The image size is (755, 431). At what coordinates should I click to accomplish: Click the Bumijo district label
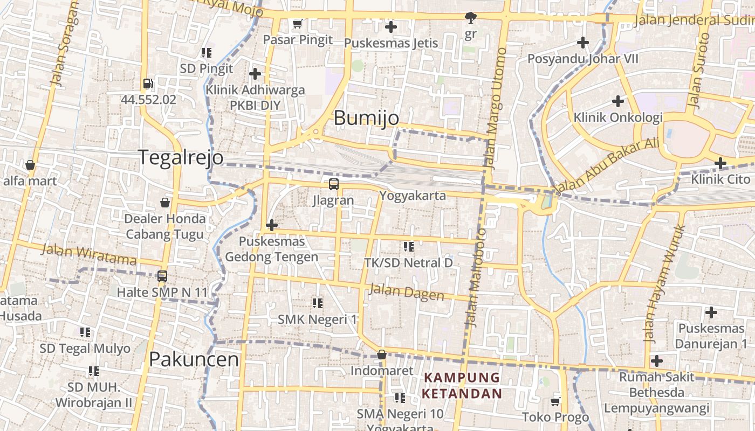point(366,118)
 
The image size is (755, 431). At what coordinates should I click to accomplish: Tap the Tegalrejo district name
point(181,157)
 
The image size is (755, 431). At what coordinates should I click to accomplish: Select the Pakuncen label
point(194,359)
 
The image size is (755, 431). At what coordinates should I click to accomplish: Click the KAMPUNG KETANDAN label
point(461,385)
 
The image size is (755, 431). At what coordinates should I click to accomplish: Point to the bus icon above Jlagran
point(334,184)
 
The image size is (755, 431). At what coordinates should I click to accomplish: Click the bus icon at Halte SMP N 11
point(162,276)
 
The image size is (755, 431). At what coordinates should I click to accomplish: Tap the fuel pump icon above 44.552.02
point(148,84)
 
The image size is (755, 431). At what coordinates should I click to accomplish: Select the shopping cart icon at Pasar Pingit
point(297,24)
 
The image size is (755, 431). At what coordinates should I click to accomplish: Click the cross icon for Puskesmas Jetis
point(391,26)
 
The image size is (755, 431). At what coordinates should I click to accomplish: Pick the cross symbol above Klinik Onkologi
point(618,101)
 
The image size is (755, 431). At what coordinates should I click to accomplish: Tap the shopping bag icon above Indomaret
point(382,354)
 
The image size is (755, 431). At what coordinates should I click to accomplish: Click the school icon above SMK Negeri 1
point(318,303)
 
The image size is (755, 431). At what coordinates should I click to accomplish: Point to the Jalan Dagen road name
point(407,293)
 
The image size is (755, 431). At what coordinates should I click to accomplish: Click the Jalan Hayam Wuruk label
point(664,284)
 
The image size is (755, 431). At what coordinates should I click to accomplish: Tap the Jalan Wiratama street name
point(88,255)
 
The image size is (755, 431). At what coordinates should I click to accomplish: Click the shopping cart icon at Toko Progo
point(555,401)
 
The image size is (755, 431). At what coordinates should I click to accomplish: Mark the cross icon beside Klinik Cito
point(720,163)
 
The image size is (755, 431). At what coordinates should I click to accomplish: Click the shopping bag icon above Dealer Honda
point(165,203)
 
